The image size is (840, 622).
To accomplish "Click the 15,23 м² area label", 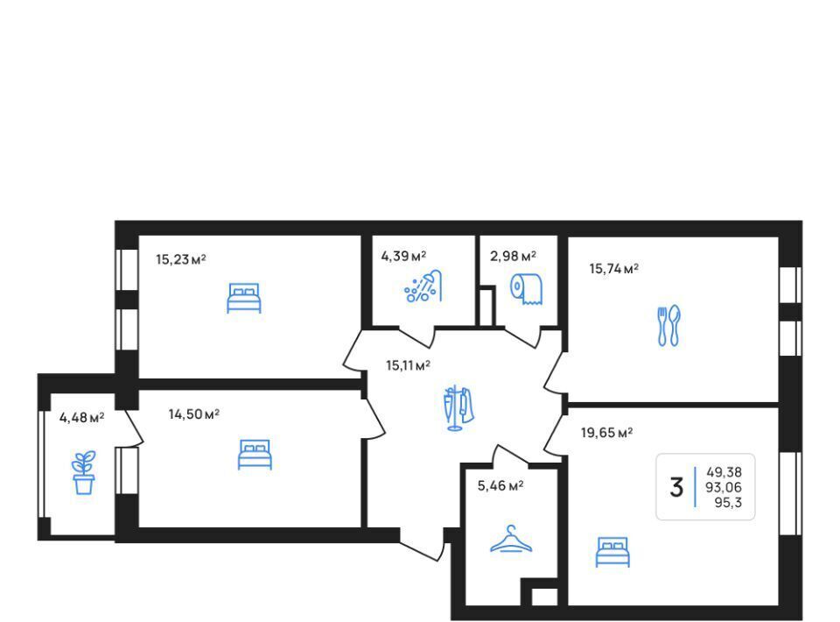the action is (x=181, y=259).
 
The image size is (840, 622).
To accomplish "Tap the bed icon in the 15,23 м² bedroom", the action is (x=244, y=298).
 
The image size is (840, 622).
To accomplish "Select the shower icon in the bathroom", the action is (x=423, y=286).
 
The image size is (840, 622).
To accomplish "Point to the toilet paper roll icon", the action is (x=526, y=289).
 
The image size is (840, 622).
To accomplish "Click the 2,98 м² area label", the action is (x=514, y=257).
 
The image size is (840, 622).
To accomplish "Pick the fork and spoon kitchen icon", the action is (x=668, y=326).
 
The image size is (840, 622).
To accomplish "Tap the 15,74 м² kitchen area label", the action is (x=614, y=269).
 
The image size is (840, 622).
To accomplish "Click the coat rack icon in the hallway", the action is (x=458, y=407).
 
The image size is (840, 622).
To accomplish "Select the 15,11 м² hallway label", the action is (x=409, y=365).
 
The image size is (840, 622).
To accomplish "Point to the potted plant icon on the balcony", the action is (x=84, y=472).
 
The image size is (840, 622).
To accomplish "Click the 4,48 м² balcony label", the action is (x=81, y=417).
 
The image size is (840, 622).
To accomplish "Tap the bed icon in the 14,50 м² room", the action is (x=255, y=455).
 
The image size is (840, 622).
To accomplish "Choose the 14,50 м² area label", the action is (x=194, y=414).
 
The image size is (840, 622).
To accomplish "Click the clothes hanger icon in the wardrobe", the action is (x=512, y=539).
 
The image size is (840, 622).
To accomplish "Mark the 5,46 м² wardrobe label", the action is (x=500, y=486).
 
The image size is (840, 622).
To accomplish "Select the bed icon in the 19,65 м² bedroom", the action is (x=612, y=552).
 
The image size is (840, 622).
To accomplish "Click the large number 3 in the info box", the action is (x=676, y=487).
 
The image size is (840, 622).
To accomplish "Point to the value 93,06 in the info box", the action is (x=724, y=487).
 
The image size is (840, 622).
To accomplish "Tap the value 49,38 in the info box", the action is (x=724, y=472).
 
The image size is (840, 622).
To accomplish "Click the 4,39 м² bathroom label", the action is (x=403, y=257).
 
